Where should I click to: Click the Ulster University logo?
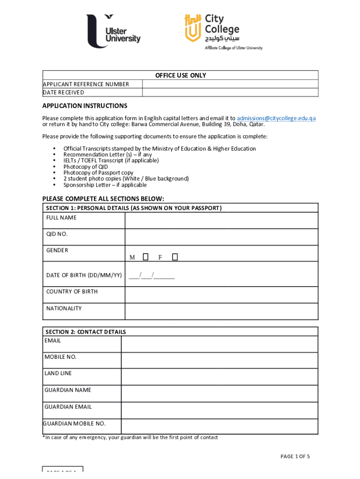(x=113, y=31)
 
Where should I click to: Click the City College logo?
(x=223, y=31)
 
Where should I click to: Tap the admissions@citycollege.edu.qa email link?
(x=276, y=118)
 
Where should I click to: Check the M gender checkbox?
(x=145, y=257)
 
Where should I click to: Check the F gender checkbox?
(x=174, y=257)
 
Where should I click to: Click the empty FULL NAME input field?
(x=221, y=220)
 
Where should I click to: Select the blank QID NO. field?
(x=221, y=236)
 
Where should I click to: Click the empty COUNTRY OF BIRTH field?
(x=221, y=295)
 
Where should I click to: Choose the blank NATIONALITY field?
(x=221, y=311)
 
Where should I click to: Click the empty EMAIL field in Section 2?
(x=219, y=344)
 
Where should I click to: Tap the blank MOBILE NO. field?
(x=219, y=360)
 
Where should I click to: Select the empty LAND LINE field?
(x=219, y=377)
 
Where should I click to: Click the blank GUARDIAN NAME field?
(x=219, y=393)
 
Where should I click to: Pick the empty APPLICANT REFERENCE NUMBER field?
(x=230, y=84)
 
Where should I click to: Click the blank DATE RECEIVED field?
(x=230, y=93)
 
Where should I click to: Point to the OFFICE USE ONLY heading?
(x=180, y=75)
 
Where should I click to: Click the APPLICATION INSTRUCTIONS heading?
(x=85, y=106)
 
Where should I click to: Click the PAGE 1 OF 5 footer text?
(x=295, y=457)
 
